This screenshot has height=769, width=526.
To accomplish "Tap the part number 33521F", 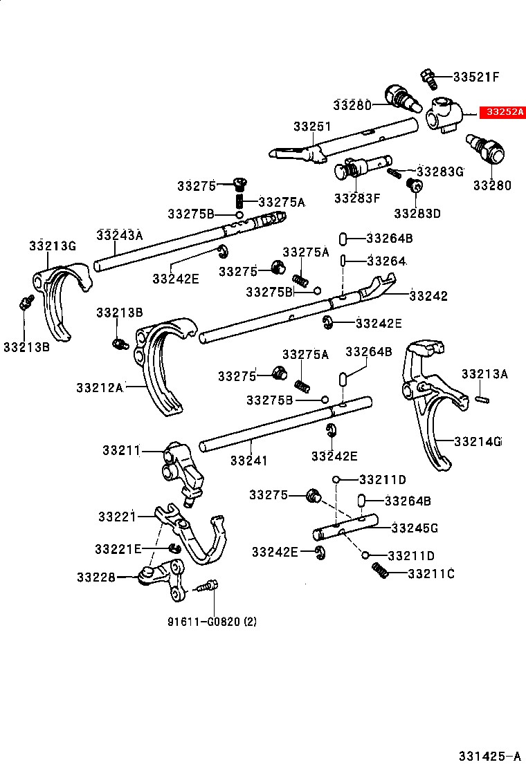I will click(x=476, y=76).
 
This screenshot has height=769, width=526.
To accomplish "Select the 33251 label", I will click(x=311, y=127).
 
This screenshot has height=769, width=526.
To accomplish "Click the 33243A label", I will click(x=119, y=235).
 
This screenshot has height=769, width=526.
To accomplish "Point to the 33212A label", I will click(x=100, y=387).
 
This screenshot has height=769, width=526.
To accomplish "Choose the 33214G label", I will click(x=478, y=441).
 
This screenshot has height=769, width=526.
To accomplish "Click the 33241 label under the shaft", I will click(x=248, y=460).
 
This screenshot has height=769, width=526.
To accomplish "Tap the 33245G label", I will click(x=415, y=528).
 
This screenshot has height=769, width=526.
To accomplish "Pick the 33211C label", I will click(x=431, y=573).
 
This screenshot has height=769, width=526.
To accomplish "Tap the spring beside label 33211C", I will click(x=379, y=570).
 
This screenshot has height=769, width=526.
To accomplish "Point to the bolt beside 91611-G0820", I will click(x=206, y=588).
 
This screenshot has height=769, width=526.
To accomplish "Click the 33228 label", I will click(x=96, y=577).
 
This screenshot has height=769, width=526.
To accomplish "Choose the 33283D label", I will click(x=417, y=213).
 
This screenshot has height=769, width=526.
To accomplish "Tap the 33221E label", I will click(x=118, y=548).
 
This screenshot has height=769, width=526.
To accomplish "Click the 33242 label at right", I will click(x=428, y=296).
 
